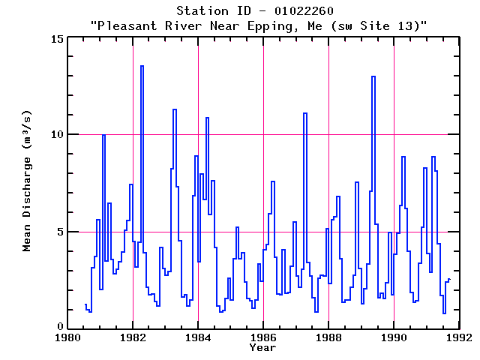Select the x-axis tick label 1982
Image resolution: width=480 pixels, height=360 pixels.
click(133, 338)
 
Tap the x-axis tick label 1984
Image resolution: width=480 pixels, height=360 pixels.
click(198, 338)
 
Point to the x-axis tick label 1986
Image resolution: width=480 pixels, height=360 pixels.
click(263, 338)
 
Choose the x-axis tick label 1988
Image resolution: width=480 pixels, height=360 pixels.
click(328, 338)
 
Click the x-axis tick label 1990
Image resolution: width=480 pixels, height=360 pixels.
click(394, 338)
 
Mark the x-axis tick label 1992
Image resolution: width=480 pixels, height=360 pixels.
click(459, 338)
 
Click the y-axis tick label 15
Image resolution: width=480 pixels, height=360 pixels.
click(57, 38)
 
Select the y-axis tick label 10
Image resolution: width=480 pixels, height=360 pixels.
click(57, 135)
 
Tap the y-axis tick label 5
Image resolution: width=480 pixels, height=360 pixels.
click(60, 232)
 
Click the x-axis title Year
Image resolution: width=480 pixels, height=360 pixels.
click(263, 348)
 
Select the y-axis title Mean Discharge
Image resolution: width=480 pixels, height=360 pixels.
click(28, 183)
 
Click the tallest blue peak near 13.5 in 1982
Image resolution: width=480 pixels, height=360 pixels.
click(142, 67)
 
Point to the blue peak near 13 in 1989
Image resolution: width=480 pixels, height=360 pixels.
click(373, 76)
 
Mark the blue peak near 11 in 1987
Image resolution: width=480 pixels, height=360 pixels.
click(305, 113)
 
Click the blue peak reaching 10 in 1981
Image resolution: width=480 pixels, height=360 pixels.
click(103, 135)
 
